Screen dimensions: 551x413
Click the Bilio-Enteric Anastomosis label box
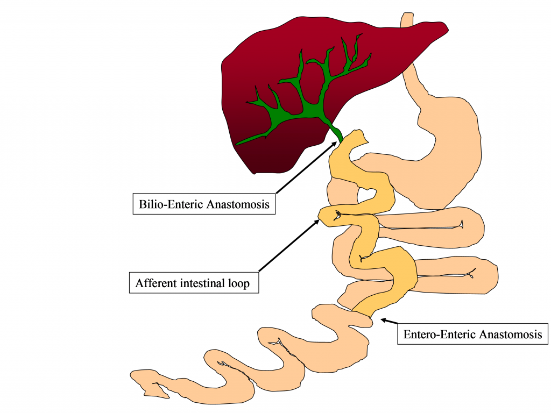click(204, 204)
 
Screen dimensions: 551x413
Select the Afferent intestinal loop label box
click(194, 283)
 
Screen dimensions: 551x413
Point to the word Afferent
click(157, 283)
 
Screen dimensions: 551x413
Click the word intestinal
click(202, 283)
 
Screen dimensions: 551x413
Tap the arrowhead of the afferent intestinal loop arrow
click(316, 222)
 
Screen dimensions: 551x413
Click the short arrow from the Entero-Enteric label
click(390, 321)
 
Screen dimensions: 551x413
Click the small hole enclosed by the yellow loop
click(367, 194)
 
